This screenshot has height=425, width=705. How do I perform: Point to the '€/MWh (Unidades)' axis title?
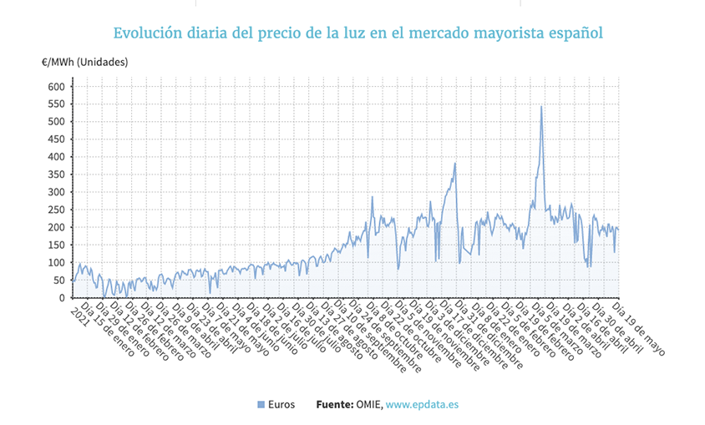tap(84, 63)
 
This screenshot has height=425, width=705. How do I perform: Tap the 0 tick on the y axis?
tap(61, 298)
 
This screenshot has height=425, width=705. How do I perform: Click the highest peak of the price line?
tap(541, 107)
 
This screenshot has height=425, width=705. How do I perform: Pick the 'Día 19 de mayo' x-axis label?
tap(640, 326)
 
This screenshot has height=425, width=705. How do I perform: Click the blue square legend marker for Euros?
tap(261, 404)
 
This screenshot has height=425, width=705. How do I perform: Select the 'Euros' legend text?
tap(281, 404)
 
